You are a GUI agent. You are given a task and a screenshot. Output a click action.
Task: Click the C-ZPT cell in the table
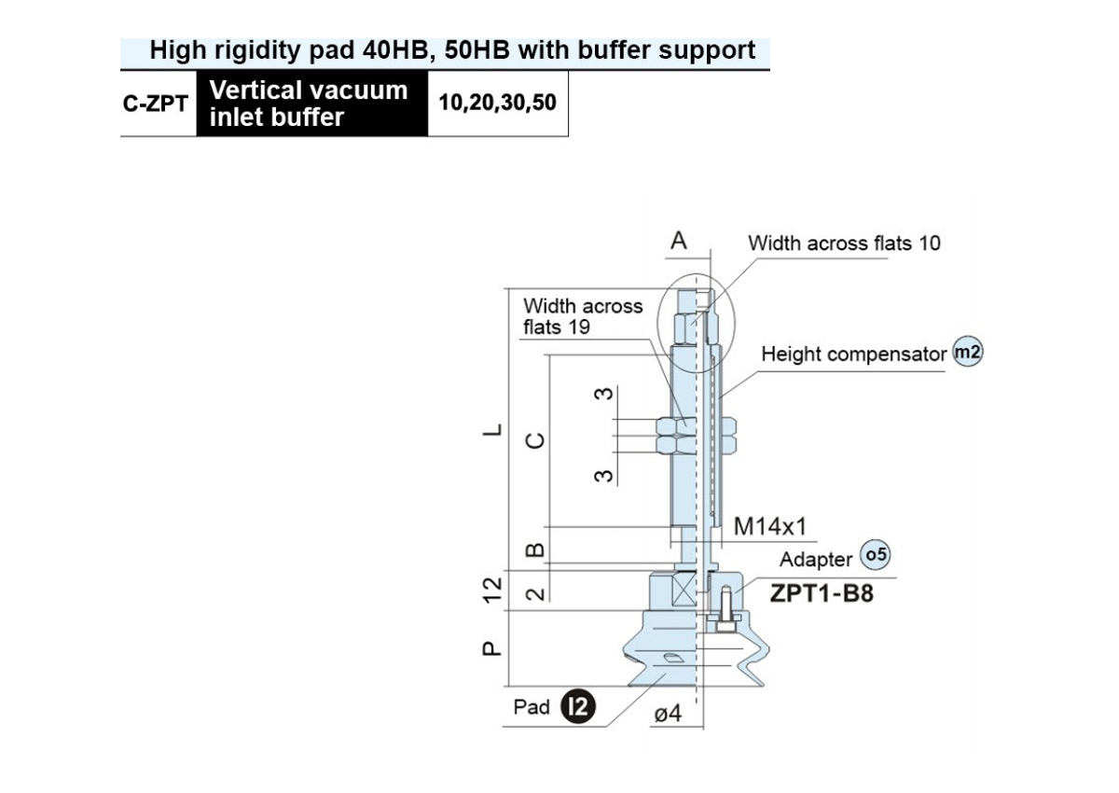(x=156, y=104)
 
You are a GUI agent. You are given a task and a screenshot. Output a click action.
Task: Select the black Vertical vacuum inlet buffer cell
(x=312, y=104)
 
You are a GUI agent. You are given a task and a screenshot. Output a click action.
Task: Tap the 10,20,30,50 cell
(x=498, y=104)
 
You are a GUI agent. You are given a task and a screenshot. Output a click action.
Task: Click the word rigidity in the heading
(x=256, y=50)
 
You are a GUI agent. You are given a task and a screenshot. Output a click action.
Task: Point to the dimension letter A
(x=679, y=241)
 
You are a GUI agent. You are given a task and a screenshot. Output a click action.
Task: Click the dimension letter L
(x=492, y=430)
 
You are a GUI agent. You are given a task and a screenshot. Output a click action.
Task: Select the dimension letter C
(x=535, y=440)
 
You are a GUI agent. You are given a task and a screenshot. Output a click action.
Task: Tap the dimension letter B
(x=535, y=550)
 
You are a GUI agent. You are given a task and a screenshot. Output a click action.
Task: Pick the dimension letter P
(x=491, y=648)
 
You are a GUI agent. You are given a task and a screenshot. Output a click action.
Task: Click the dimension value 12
(x=492, y=591)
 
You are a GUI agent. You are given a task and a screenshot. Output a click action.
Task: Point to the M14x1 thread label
(x=770, y=527)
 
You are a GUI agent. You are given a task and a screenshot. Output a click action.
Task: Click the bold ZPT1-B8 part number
(x=822, y=593)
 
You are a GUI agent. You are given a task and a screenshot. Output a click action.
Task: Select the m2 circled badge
(x=968, y=352)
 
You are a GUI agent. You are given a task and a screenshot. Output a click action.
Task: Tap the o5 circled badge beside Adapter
(x=876, y=555)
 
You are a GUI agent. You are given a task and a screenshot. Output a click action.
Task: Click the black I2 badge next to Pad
(x=578, y=706)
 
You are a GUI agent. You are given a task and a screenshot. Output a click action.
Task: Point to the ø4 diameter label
(x=668, y=714)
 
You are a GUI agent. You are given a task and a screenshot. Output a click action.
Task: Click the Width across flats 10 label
(x=844, y=243)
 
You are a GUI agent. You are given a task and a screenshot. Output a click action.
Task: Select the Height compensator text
(x=854, y=355)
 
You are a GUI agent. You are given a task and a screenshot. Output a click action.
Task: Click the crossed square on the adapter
(x=684, y=591)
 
